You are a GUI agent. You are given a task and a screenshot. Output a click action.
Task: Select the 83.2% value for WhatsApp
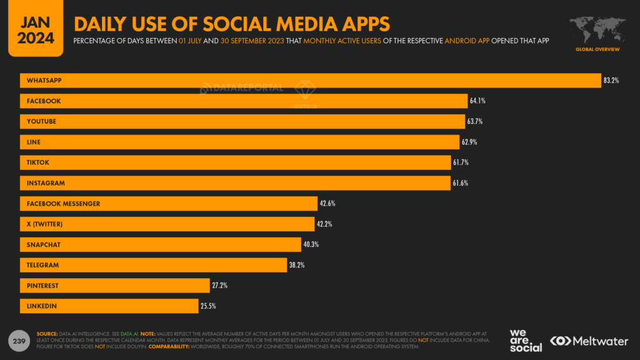[x=611, y=81]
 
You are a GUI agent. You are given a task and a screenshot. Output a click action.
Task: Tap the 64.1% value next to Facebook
[x=477, y=101]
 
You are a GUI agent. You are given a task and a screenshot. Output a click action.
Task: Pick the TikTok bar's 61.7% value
[x=461, y=162]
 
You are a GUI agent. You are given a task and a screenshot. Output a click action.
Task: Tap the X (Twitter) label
[x=45, y=224]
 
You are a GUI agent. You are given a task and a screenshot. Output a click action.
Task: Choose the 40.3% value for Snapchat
[x=311, y=244]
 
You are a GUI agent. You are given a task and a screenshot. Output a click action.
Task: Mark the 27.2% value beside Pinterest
[x=219, y=286]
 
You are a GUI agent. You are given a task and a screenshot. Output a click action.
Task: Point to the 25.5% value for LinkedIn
[x=208, y=306]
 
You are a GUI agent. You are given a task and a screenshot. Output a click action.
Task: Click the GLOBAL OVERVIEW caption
[x=597, y=49]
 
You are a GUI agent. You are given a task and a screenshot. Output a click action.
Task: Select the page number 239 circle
[x=19, y=341]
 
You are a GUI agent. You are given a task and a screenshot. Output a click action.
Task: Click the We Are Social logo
[x=526, y=341]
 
